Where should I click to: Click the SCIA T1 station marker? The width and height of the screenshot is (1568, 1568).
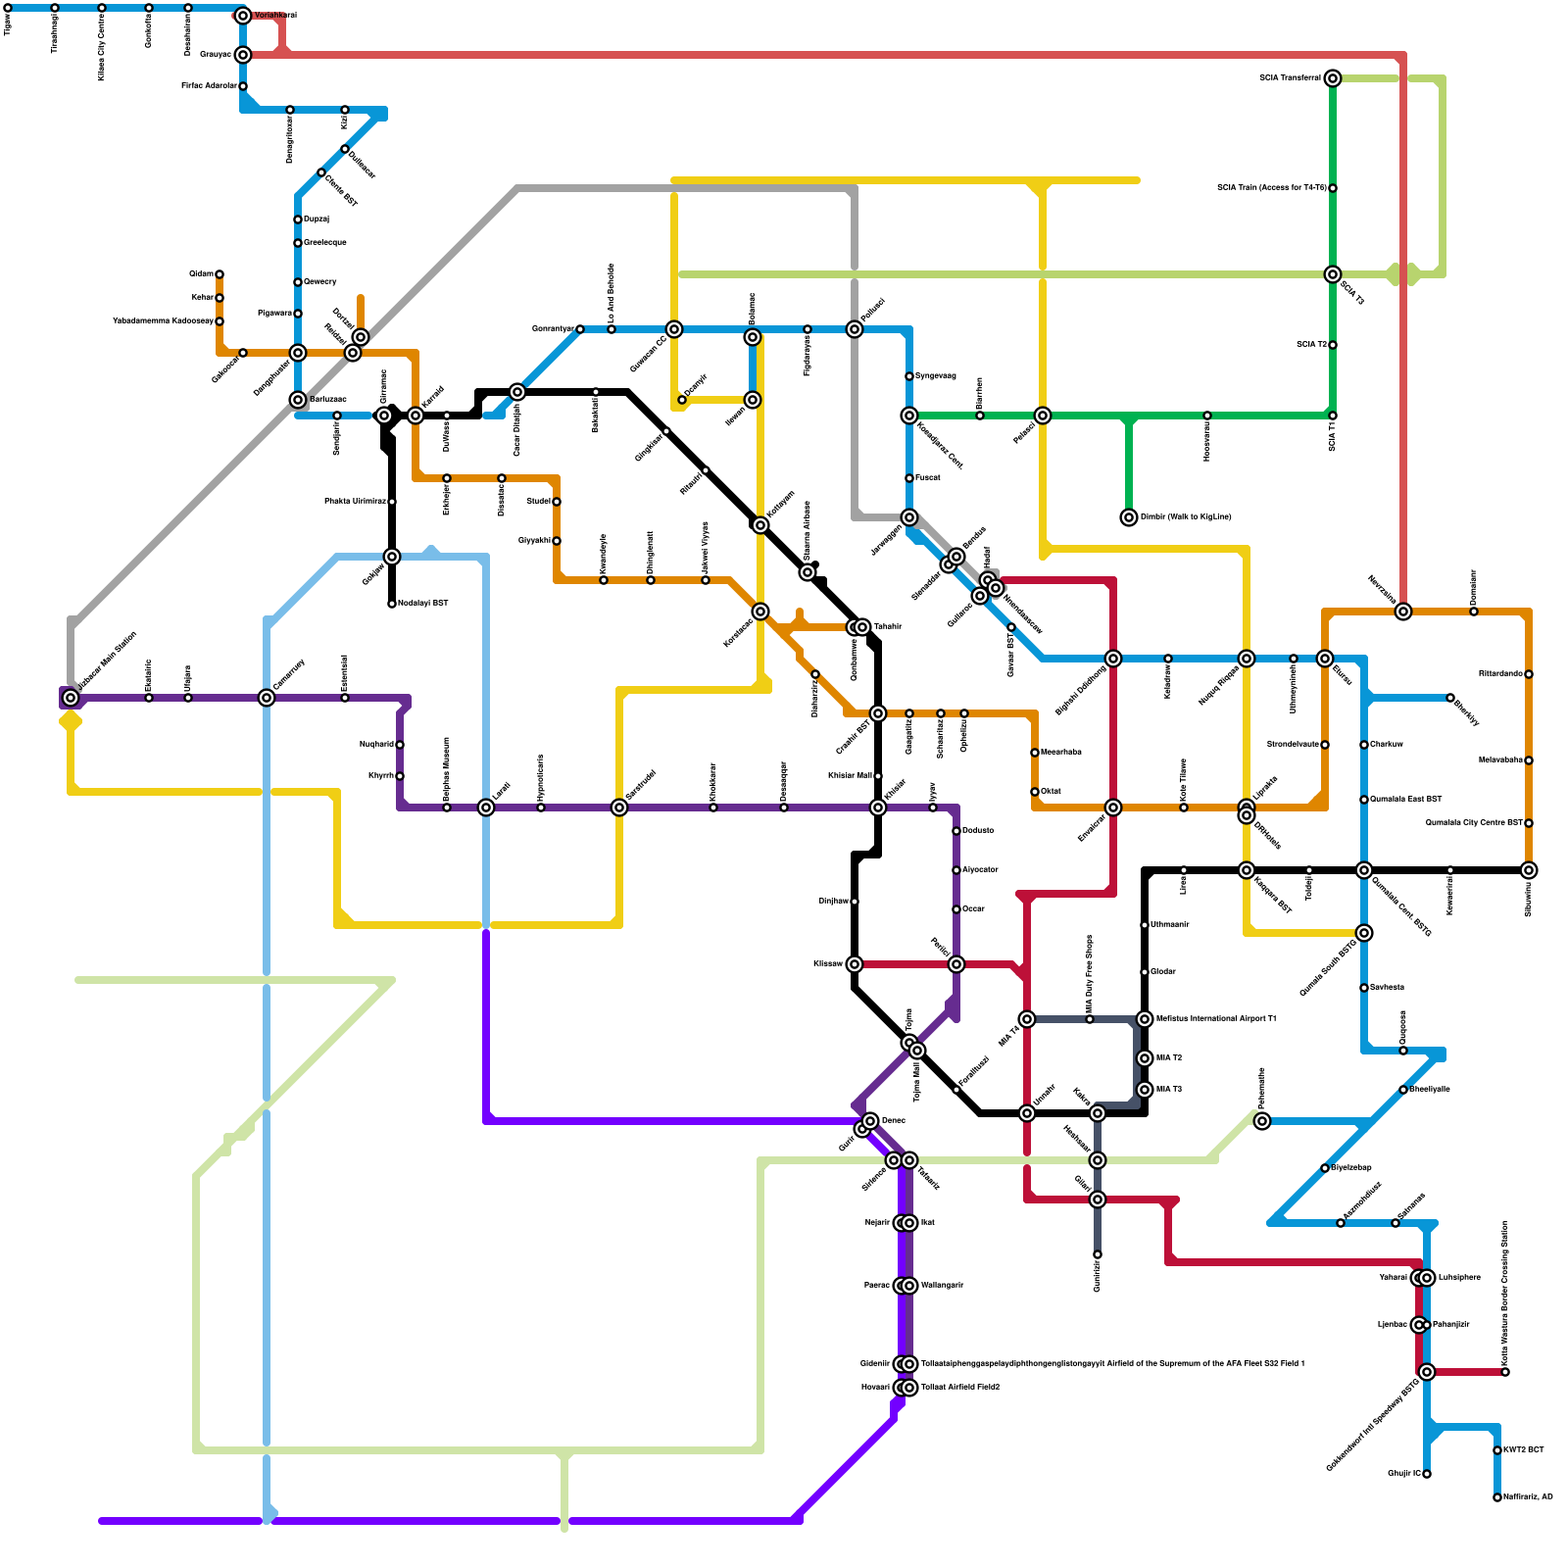[1333, 416]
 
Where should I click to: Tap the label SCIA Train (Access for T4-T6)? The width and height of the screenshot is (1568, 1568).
[1271, 187]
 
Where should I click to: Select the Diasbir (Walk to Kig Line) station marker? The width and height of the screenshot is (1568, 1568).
[1129, 517]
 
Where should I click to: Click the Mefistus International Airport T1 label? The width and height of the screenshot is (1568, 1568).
[1216, 1019]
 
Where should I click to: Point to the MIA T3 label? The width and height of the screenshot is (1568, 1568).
[1169, 1090]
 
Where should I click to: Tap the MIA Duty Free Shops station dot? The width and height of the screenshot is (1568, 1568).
[1090, 1019]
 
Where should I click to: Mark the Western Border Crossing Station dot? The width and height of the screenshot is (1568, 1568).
[1505, 1372]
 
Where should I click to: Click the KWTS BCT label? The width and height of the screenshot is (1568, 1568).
[1524, 1449]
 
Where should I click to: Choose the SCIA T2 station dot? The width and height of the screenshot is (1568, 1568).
[1333, 345]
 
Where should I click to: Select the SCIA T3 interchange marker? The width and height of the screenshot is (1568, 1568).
[1333, 274]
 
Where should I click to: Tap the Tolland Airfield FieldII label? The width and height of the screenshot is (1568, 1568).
[959, 1388]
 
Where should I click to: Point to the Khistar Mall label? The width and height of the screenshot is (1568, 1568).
[849, 775]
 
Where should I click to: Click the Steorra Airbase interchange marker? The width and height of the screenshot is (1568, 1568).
[808, 572]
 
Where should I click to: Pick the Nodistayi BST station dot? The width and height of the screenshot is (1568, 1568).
[392, 604]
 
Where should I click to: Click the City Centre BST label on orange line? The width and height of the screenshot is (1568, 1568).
[1474, 822]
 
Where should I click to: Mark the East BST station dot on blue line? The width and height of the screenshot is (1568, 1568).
[1364, 800]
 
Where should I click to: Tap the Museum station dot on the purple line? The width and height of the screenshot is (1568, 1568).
[447, 808]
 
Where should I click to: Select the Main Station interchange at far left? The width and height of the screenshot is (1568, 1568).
[71, 698]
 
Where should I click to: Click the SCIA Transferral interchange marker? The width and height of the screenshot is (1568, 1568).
[1333, 78]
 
